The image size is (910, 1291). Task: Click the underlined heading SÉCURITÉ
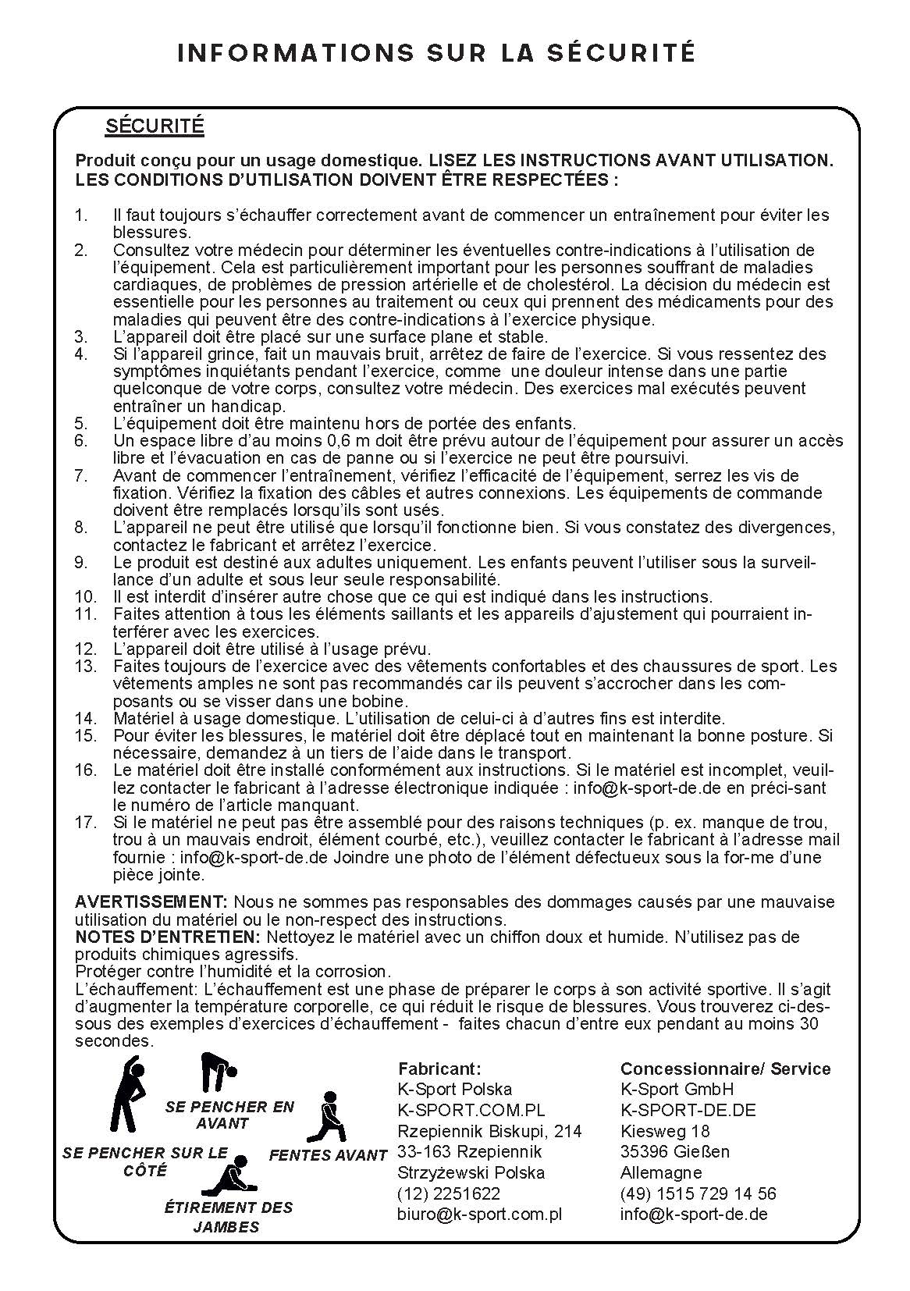point(155,126)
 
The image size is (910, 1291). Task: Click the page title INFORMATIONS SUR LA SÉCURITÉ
point(436,52)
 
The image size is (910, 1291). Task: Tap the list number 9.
point(81,562)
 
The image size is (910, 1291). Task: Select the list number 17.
point(86,822)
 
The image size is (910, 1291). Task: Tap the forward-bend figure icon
point(219,1072)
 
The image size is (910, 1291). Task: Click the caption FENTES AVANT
point(328,1155)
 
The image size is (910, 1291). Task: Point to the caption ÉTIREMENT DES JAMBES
point(228,1217)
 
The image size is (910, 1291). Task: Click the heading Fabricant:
point(439,1069)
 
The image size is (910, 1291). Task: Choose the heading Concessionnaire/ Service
point(725,1069)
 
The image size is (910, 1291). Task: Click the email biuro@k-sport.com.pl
point(480,1215)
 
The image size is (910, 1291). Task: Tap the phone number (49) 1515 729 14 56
point(698,1193)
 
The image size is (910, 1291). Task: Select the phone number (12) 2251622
point(449,1193)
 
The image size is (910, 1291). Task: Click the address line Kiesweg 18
point(664,1131)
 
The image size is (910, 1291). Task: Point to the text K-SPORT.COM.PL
point(471,1110)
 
